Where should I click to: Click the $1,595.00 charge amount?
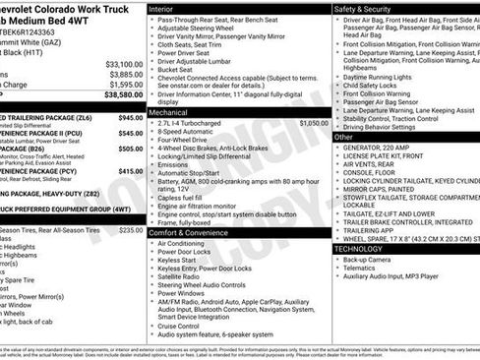[124, 85]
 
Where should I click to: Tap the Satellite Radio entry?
[183, 276]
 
